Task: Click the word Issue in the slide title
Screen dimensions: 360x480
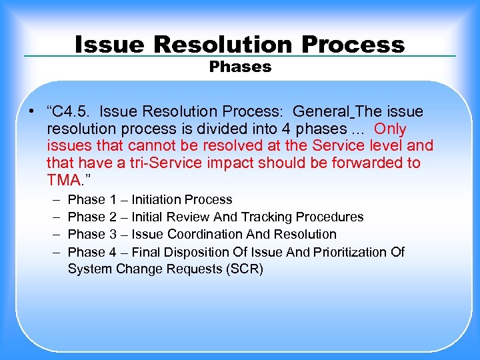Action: coord(110,45)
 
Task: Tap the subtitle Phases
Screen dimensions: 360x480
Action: coord(240,67)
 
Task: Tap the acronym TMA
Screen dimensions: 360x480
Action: coord(65,181)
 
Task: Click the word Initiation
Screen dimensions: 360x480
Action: coord(157,199)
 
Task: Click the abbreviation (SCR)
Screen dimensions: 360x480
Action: coord(246,269)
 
